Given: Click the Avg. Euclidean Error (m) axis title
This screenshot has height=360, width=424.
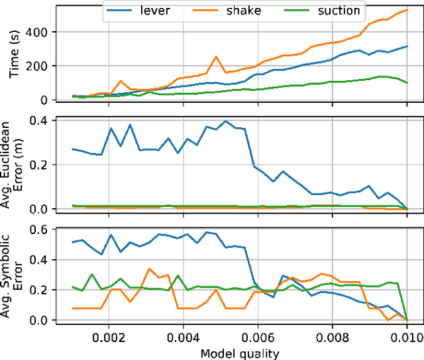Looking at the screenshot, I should (20, 165).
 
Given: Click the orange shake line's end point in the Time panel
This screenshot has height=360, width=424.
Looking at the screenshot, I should (407, 10).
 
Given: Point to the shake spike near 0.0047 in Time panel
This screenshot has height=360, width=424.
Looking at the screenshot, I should (216, 56).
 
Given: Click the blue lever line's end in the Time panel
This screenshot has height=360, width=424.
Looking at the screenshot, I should (407, 46).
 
